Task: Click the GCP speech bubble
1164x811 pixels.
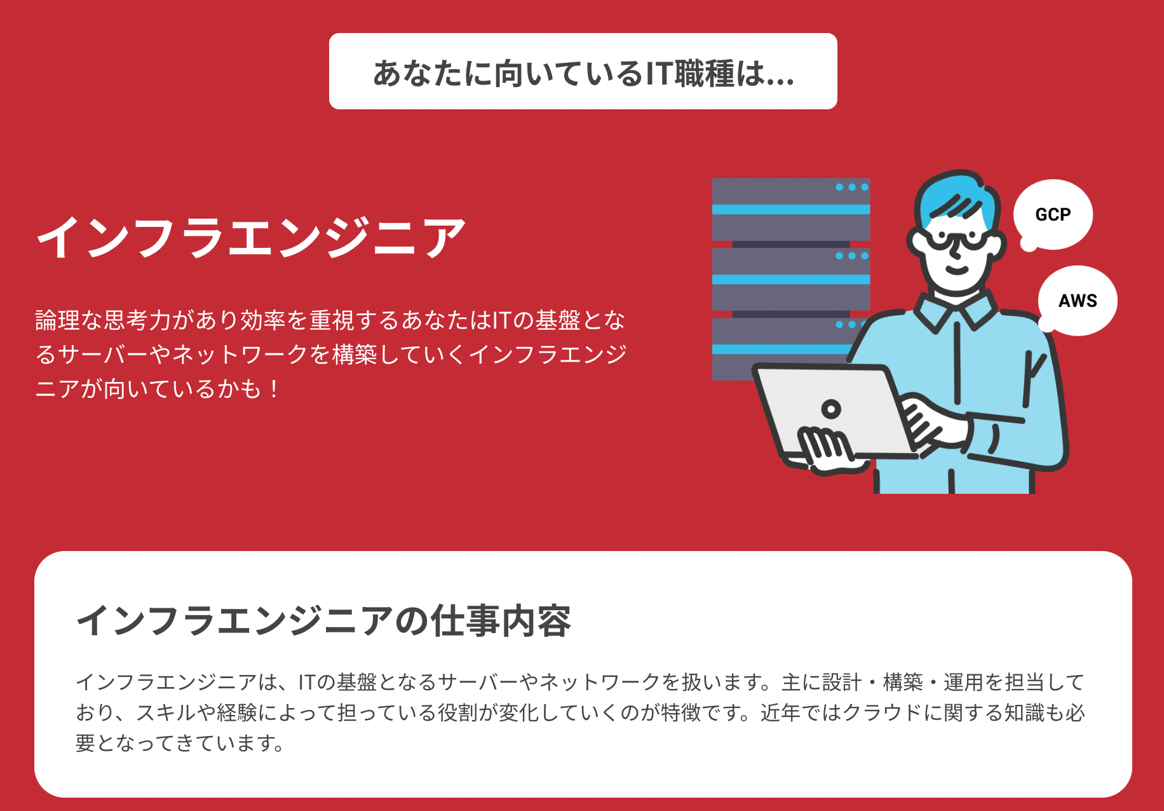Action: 1053,215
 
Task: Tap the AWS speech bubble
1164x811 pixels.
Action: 1078,301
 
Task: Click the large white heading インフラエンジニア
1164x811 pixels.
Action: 252,237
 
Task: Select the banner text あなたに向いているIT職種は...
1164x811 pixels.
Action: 583,72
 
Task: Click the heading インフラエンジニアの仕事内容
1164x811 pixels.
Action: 324,621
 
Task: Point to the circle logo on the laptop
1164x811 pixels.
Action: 830,409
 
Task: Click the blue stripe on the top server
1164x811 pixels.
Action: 790,210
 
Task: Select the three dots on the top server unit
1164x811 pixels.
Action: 851,187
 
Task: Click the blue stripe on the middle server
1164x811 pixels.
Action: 790,279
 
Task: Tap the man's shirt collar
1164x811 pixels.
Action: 956,311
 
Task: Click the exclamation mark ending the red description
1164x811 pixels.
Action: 274,389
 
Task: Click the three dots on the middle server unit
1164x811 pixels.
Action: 851,256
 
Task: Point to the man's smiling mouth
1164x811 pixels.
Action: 956,269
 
